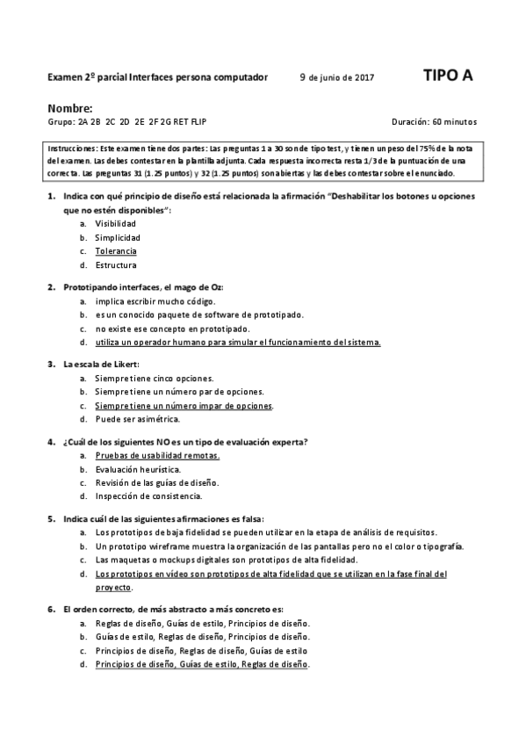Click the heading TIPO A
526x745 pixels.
point(448,76)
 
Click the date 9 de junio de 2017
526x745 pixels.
point(336,77)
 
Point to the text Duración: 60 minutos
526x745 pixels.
point(435,122)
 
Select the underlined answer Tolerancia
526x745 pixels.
point(116,251)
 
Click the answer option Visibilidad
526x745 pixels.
point(116,223)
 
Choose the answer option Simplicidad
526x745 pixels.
point(118,237)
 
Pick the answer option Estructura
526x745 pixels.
point(116,264)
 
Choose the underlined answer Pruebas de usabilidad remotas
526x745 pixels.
point(157,456)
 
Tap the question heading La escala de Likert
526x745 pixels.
point(102,364)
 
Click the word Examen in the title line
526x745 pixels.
point(64,77)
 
